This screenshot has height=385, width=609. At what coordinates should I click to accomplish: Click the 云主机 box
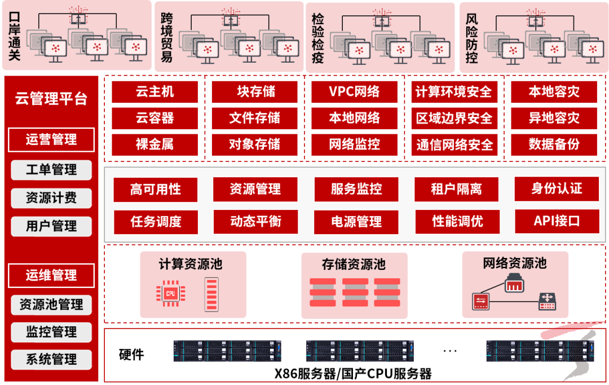pyautogui.click(x=155, y=92)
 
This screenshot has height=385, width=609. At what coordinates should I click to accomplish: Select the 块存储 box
pyautogui.click(x=254, y=92)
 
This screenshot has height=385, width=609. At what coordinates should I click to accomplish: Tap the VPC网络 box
pyautogui.click(x=354, y=92)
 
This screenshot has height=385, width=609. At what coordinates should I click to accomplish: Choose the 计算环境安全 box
pyautogui.click(x=454, y=92)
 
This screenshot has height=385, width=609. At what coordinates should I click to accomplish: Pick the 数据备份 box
pyautogui.click(x=554, y=144)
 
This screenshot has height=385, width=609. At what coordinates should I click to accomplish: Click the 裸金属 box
pyautogui.click(x=155, y=144)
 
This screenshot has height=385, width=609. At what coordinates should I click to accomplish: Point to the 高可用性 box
pyautogui.click(x=156, y=190)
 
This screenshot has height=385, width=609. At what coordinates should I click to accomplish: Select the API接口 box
pyautogui.click(x=557, y=220)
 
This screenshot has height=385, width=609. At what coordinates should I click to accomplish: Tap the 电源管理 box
pyautogui.click(x=356, y=221)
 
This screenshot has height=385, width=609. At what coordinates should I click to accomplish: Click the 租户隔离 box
pyautogui.click(x=456, y=190)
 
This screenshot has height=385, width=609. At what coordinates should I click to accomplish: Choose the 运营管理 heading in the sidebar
pyautogui.click(x=51, y=139)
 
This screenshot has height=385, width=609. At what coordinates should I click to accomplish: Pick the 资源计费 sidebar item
pyautogui.click(x=51, y=198)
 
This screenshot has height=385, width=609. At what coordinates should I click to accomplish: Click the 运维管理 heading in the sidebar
pyautogui.click(x=51, y=275)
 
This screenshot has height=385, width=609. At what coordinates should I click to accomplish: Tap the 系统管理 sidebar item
pyautogui.click(x=51, y=359)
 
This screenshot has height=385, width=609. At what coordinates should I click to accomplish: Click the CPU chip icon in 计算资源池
pyautogui.click(x=170, y=292)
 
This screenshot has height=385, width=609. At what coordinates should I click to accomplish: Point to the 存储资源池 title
pyautogui.click(x=354, y=264)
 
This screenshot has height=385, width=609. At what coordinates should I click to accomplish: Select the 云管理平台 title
pyautogui.click(x=51, y=100)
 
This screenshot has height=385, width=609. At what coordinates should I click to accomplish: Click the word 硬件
pyautogui.click(x=131, y=355)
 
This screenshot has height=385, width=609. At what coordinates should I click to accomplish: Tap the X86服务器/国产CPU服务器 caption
pyautogui.click(x=353, y=374)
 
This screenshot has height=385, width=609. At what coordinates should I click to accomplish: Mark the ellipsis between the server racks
pyautogui.click(x=450, y=351)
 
